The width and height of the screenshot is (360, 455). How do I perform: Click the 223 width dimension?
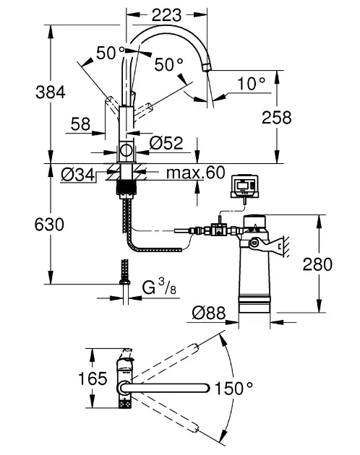(x=166, y=15)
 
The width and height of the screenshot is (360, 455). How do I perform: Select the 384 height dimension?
(x=51, y=92)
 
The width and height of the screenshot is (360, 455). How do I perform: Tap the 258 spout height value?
(x=276, y=118)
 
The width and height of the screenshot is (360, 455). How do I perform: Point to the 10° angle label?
(x=252, y=84)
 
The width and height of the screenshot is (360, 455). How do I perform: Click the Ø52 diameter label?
(x=166, y=143)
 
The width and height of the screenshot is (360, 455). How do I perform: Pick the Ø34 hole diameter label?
(x=78, y=175)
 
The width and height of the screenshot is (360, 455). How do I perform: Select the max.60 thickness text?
(x=196, y=173)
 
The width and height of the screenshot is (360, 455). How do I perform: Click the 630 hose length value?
(x=49, y=225)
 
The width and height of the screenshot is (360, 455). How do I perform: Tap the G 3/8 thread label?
(x=159, y=287)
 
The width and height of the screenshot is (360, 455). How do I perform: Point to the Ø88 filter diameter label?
(x=209, y=313)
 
